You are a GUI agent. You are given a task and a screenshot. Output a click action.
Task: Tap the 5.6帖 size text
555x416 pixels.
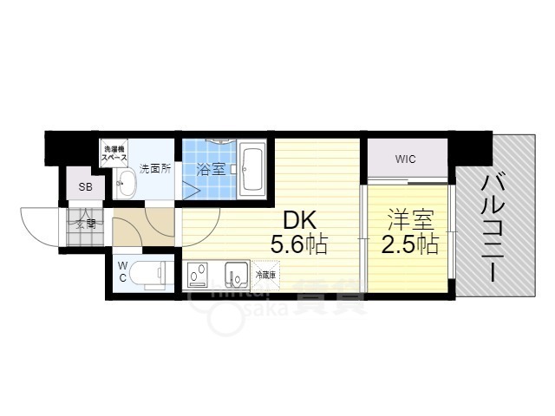tap(298, 245)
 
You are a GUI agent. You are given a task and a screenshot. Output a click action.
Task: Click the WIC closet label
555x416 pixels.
tap(406, 159)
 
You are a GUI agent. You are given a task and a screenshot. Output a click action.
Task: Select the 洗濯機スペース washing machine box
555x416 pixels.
tap(115, 154)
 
